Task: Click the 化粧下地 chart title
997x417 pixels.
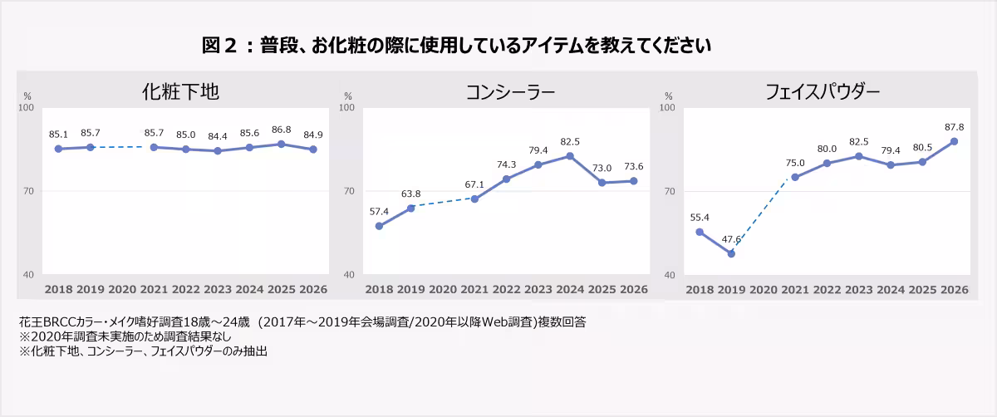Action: pyautogui.click(x=180, y=91)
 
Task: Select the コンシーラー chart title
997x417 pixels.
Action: pyautogui.click(x=510, y=92)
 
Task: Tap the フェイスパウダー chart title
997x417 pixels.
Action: pyautogui.click(x=822, y=92)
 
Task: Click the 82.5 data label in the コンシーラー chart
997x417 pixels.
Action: pyautogui.click(x=570, y=141)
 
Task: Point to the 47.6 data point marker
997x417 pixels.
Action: pyautogui.click(x=731, y=253)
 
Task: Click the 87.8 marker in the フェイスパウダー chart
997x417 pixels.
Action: pyautogui.click(x=954, y=141)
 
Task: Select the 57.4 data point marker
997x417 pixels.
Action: pyautogui.click(x=379, y=226)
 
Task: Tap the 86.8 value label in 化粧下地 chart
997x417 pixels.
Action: pyautogui.click(x=282, y=130)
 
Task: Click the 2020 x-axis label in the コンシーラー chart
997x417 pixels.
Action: pyautogui.click(x=442, y=289)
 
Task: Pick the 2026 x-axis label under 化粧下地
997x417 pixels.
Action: pyautogui.click(x=313, y=289)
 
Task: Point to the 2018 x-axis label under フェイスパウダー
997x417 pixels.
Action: pyautogui.click(x=700, y=290)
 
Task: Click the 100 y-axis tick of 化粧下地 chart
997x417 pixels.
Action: pyautogui.click(x=26, y=107)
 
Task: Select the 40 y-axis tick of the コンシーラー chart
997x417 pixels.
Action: pyautogui.click(x=349, y=275)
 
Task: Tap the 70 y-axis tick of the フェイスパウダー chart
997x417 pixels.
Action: pyautogui.click(x=670, y=191)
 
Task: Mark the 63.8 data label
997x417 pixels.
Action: pyautogui.click(x=410, y=194)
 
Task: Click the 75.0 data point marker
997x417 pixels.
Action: pyautogui.click(x=795, y=177)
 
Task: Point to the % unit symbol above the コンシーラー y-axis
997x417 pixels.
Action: pyautogui.click(x=348, y=96)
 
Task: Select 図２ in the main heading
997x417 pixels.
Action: pyautogui.click(x=219, y=46)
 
